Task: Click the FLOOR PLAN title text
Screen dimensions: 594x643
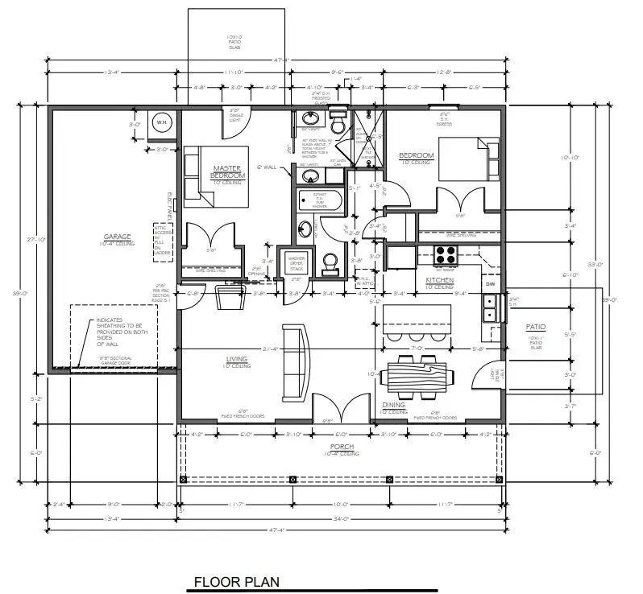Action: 236,581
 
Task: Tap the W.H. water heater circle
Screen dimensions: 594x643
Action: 161,122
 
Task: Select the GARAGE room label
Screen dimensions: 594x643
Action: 118,237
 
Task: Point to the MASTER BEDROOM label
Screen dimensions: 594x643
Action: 228,171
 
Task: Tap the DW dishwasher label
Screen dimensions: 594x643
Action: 490,283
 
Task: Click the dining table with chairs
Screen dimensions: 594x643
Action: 417,377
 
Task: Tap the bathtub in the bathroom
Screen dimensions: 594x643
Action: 321,199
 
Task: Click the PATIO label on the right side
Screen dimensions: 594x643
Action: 535,327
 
